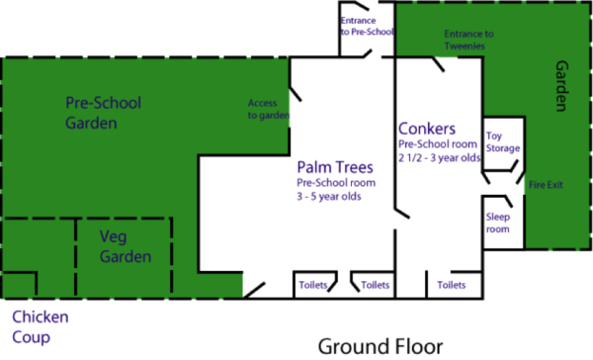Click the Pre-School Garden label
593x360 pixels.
103,113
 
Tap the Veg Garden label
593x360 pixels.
126,246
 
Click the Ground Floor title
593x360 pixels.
380,345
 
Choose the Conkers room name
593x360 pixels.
426,129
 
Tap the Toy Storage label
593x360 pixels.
502,141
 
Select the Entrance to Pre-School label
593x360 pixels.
367,26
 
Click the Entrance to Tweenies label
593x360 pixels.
468,39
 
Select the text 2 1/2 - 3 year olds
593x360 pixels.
439,157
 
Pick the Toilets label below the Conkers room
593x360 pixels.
451,285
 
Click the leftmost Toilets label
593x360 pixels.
312,285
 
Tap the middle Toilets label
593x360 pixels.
375,285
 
